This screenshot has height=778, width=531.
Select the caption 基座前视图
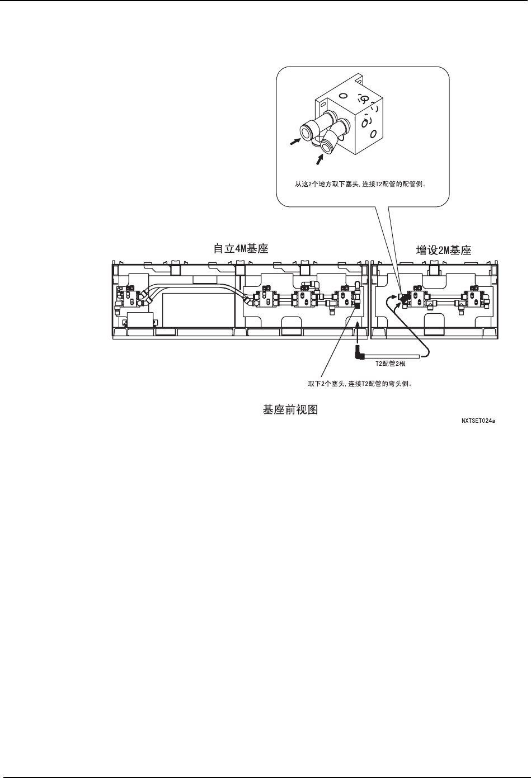[290, 410]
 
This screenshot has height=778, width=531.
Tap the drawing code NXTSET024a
[478, 422]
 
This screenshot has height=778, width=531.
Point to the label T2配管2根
[390, 363]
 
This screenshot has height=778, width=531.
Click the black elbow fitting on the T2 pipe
[359, 353]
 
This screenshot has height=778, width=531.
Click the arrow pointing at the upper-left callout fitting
[294, 143]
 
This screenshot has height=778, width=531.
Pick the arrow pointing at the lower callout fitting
[319, 159]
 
